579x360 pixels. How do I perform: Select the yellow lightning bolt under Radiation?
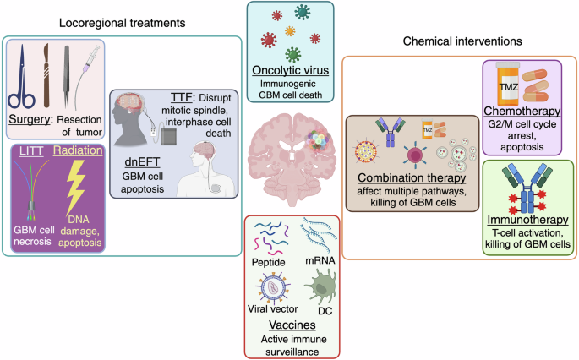click(76, 188)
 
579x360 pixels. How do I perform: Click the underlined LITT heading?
click(31, 151)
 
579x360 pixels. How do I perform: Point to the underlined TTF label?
click(182, 97)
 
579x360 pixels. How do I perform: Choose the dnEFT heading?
click(142, 161)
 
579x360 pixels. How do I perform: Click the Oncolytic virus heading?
click(290, 70)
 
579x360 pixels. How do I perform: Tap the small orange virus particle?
click(290, 31)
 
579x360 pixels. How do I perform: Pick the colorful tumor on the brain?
click(319, 140)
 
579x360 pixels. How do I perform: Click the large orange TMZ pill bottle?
click(508, 85)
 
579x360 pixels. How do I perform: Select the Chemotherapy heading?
click(522, 111)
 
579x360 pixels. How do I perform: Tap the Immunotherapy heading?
click(527, 220)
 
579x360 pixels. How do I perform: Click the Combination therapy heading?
click(412, 177)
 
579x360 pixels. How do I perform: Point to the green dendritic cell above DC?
click(320, 286)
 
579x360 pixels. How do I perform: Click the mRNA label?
click(320, 260)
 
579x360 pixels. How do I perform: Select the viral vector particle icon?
click(272, 287)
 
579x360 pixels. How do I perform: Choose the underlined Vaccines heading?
click(292, 325)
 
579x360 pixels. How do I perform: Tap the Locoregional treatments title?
click(123, 23)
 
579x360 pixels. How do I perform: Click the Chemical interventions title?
click(462, 41)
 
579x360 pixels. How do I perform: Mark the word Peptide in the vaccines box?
click(269, 262)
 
